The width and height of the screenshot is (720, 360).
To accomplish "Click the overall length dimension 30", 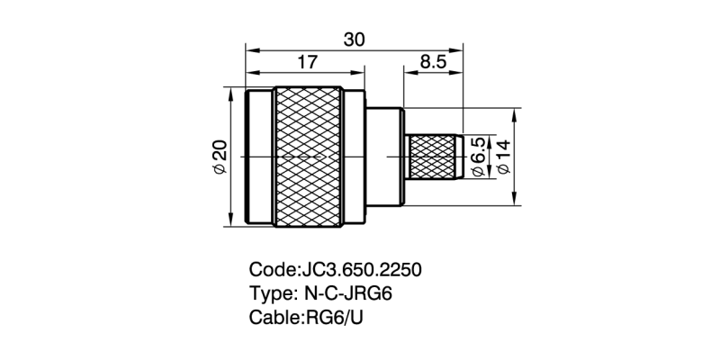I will click(354, 39).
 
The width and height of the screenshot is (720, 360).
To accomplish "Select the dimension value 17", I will click(307, 62).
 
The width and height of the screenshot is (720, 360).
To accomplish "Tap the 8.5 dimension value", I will click(433, 62).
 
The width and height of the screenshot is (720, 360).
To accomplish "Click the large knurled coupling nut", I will click(308, 157).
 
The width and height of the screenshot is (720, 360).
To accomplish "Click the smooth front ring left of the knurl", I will click(259, 157).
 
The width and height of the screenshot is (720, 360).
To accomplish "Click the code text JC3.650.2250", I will click(360, 270).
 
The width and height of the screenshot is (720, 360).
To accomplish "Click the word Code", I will click(271, 270).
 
